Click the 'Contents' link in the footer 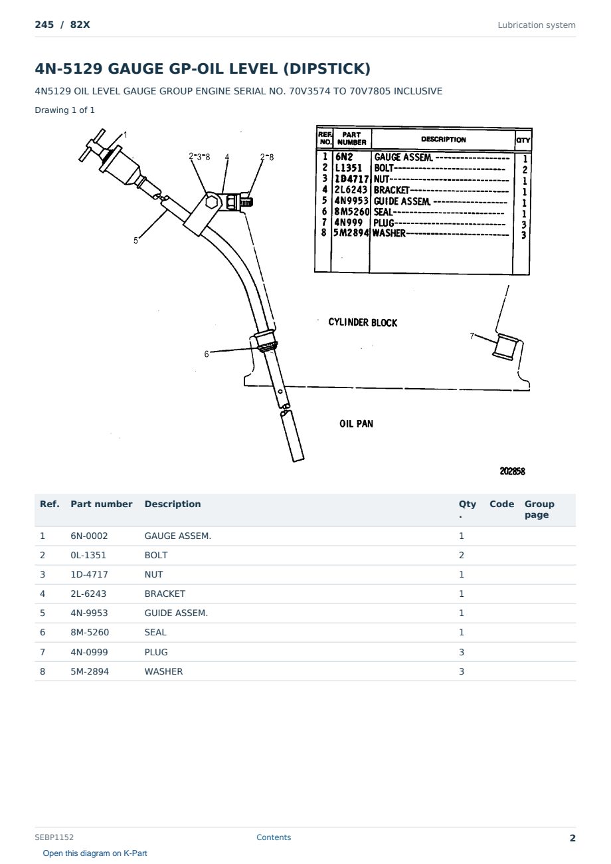coord(274,837)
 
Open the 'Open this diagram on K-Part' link coord(95,853)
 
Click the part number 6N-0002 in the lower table coord(89,536)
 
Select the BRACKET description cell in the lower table coord(165,594)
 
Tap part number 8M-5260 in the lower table coord(90,632)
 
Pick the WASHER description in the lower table coord(163,671)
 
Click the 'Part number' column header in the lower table coord(102,504)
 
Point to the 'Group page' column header coord(539,509)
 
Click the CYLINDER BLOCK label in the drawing coord(363,322)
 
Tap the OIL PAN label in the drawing coord(356,424)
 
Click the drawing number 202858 coord(512,471)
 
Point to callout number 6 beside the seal coord(207,354)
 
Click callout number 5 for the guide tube coord(135,241)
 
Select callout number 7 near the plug coord(472,336)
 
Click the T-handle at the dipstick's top coord(92,145)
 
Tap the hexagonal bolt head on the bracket coord(211,202)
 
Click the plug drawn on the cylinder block coord(506,347)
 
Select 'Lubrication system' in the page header coord(537,25)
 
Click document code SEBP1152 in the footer coord(54,837)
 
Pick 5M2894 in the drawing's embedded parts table coord(351,233)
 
